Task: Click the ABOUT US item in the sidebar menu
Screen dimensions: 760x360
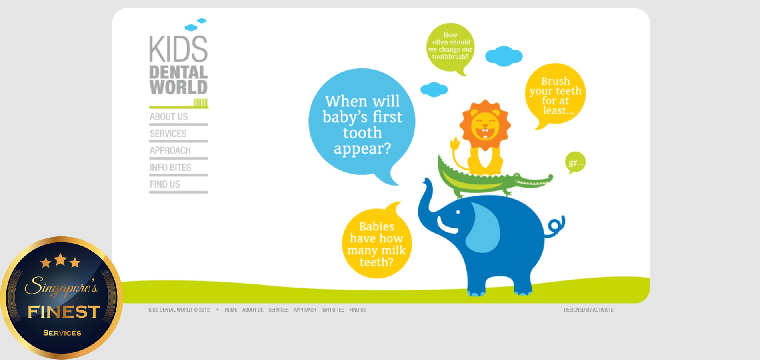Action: point(168,117)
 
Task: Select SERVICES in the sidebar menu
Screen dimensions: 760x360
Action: point(168,134)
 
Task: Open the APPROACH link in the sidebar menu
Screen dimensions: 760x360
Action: point(170,150)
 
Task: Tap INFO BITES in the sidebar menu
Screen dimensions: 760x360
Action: point(170,168)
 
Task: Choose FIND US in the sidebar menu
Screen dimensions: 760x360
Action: point(165,184)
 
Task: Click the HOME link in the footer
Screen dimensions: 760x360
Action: point(231,310)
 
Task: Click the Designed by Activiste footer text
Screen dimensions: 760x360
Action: point(588,310)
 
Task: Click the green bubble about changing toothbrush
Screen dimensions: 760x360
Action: point(450,47)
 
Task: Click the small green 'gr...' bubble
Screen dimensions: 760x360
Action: point(575,162)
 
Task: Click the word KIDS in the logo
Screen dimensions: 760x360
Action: point(178,49)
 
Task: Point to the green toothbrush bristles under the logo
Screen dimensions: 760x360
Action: point(201,102)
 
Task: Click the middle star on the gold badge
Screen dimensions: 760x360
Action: point(60,260)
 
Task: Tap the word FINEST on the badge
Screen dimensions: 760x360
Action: point(64,312)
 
